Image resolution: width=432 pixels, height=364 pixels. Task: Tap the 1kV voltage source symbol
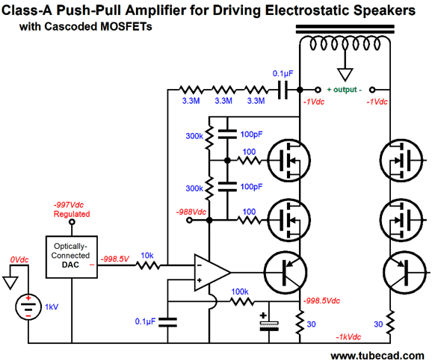pos(28,306)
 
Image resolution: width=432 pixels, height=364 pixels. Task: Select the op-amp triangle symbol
pos(212,273)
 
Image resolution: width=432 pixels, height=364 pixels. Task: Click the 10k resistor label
pos(147,256)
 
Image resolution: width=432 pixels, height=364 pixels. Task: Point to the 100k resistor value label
pos(240,291)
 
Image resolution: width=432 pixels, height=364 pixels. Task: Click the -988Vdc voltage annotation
pos(191,212)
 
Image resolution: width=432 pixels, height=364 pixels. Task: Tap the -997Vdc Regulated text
pos(72,209)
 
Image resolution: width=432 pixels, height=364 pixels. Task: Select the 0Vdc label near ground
pos(19,260)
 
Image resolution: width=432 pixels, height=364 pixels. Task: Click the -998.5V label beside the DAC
pos(115,259)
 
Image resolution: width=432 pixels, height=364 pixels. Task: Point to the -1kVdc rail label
pos(348,337)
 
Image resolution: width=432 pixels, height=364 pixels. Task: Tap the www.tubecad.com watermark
pos(377,356)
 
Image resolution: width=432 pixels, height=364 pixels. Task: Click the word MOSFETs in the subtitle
pos(126,26)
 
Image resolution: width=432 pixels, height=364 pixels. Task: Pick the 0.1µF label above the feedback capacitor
pos(283,73)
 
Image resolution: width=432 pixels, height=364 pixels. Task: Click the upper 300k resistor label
pos(194,136)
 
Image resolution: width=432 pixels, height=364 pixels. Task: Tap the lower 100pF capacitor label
pos(251,187)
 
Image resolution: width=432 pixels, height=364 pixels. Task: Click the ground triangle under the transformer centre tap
pos(345,75)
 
